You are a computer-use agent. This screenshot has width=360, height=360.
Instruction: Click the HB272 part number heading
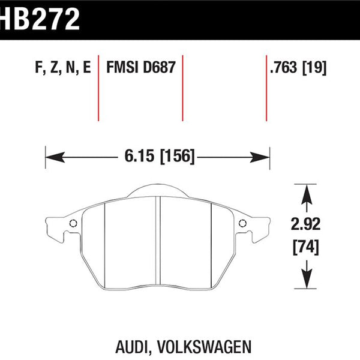coord(40,19)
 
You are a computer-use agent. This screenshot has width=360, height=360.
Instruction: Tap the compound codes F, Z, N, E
coord(63,67)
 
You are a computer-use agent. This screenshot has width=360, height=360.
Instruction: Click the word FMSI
coord(122,67)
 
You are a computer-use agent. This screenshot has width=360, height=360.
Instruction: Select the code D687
coord(159,67)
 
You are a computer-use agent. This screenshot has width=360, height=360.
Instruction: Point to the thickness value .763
coord(284,67)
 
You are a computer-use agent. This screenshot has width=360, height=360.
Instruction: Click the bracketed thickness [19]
coord(314,68)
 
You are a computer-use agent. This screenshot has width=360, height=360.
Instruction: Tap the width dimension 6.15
coord(139,156)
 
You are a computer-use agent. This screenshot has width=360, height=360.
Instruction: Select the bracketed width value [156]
coord(177,157)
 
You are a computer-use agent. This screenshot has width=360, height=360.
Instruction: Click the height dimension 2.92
coord(305,224)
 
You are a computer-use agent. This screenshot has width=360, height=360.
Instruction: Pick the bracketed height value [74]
coord(306,247)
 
